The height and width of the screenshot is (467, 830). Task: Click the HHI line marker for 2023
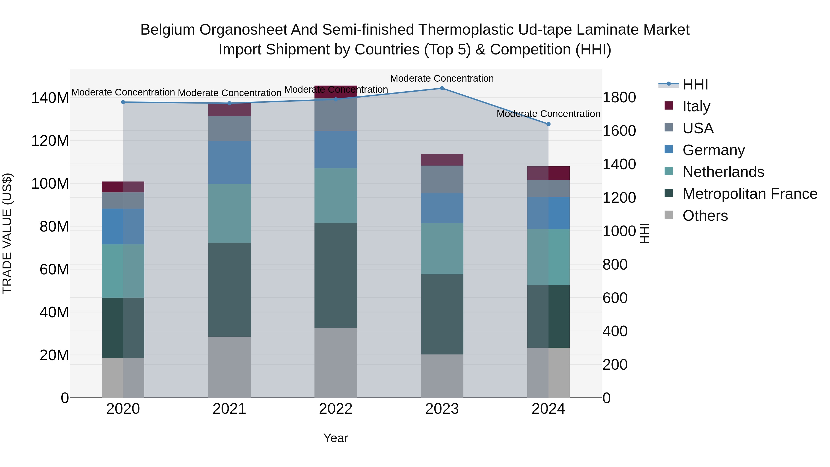(x=442, y=88)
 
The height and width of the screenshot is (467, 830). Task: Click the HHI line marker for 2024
(x=548, y=124)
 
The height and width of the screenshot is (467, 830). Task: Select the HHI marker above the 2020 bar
(x=123, y=102)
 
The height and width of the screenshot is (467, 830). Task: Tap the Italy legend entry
(x=696, y=106)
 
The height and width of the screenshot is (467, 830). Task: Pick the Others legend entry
(x=705, y=216)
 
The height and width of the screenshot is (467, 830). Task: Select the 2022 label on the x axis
(x=336, y=409)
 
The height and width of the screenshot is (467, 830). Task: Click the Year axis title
(x=336, y=438)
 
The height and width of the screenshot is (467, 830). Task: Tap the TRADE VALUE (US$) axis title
(x=7, y=233)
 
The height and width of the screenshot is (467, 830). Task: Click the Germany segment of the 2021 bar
(x=229, y=162)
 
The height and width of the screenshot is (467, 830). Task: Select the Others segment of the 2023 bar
(x=442, y=376)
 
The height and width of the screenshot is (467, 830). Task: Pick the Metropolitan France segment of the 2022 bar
(x=336, y=276)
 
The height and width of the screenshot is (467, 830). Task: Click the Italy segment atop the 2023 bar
(x=442, y=160)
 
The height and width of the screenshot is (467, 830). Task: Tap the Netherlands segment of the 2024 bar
(x=548, y=257)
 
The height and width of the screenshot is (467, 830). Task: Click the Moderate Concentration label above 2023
(x=442, y=78)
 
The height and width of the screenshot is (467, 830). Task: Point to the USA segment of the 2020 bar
(x=123, y=200)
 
